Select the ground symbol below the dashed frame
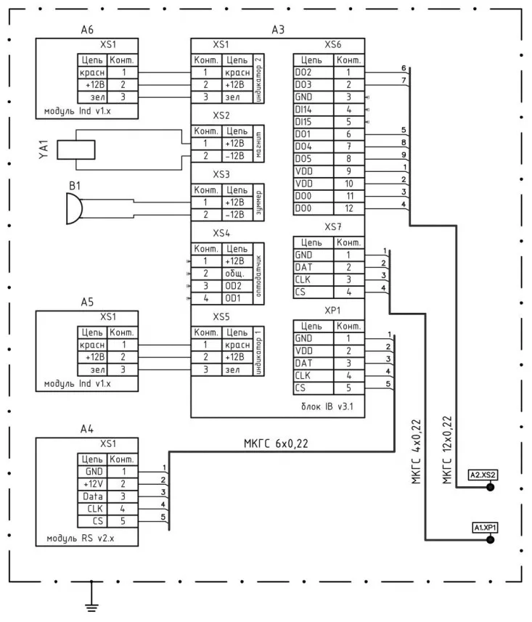(91, 600)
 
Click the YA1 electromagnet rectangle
(75, 150)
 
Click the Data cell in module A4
(92, 496)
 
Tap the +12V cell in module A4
(92, 483)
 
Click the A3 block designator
(277, 30)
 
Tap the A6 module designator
(86, 30)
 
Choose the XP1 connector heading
(333, 311)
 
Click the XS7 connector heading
(333, 227)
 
